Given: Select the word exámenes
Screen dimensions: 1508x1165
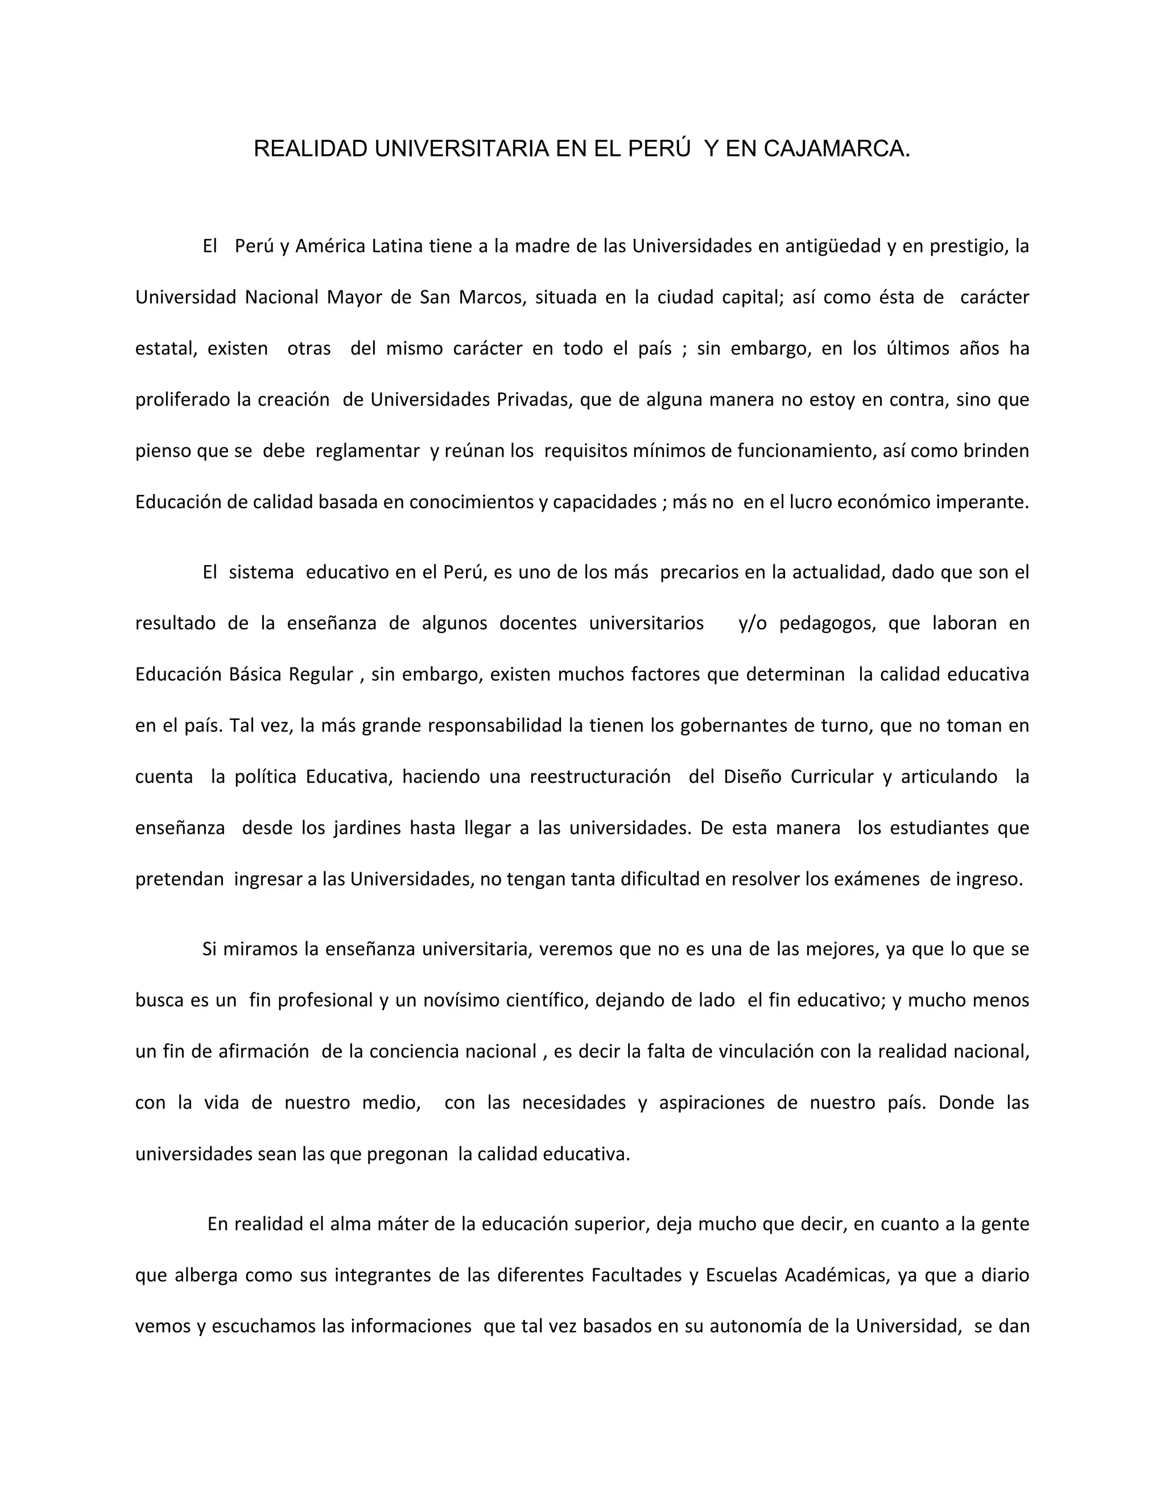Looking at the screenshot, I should [x=877, y=879].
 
